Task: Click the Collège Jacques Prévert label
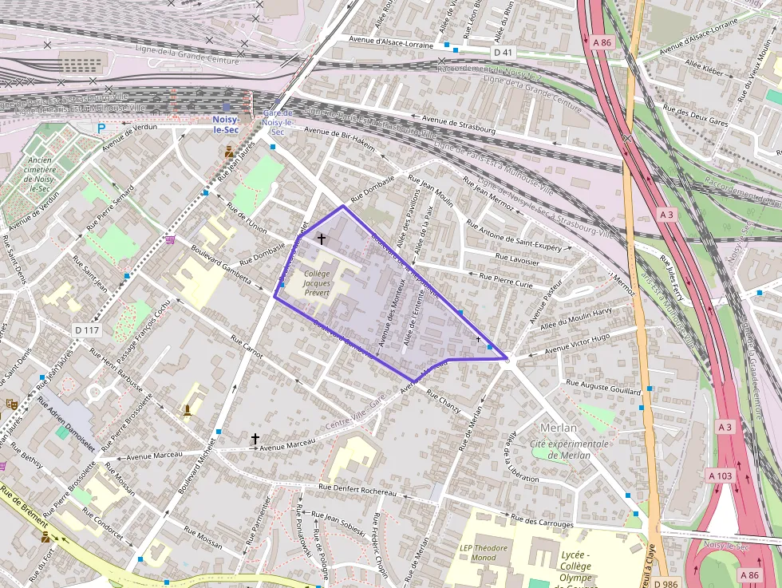(x=317, y=282)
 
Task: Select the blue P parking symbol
(x=101, y=128)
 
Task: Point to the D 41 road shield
(x=502, y=52)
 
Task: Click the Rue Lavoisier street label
(x=518, y=258)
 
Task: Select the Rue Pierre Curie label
(x=506, y=279)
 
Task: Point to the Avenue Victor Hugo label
(x=577, y=344)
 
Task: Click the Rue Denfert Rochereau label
(x=357, y=489)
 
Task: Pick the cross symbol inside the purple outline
(x=322, y=239)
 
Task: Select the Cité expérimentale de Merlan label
(x=569, y=449)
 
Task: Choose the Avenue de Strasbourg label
(x=459, y=124)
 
